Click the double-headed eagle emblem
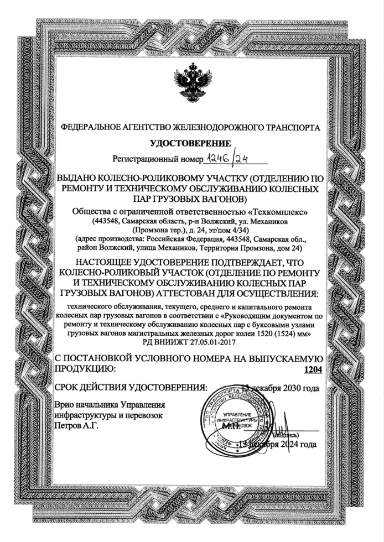point(191,83)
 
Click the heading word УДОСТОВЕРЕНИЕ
point(191,144)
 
